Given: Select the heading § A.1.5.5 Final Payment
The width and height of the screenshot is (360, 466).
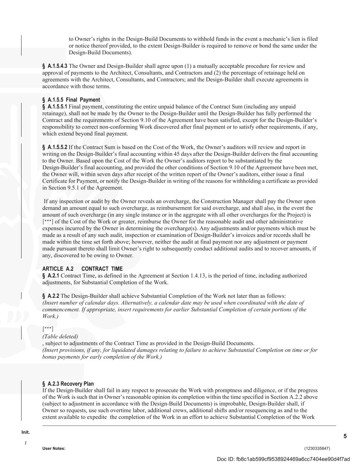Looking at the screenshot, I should pos(71,100).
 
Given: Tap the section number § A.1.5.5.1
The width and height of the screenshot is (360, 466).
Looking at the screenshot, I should pos(55,107).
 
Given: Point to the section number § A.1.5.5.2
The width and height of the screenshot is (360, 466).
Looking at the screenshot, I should pos(55,147).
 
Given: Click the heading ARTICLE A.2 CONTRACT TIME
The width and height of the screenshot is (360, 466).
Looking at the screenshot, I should pos(82,269).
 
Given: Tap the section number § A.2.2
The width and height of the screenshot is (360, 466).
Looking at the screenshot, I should pos(51,296).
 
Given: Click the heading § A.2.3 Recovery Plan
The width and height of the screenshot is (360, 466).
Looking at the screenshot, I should pos(68,383).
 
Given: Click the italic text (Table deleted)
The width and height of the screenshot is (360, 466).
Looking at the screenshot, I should pos(60,336).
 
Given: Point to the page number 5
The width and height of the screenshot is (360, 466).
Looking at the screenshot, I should pos(345,436).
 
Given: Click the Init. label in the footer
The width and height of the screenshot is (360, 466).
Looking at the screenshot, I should pos(26,432).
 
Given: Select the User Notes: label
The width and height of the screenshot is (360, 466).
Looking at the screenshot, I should pos(54,448).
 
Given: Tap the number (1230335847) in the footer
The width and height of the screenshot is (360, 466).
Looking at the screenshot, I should pos(317,448).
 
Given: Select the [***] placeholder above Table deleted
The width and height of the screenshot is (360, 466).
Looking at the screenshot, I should pos(48,329).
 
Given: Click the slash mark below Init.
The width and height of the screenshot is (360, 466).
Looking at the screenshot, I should pos(26,443).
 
